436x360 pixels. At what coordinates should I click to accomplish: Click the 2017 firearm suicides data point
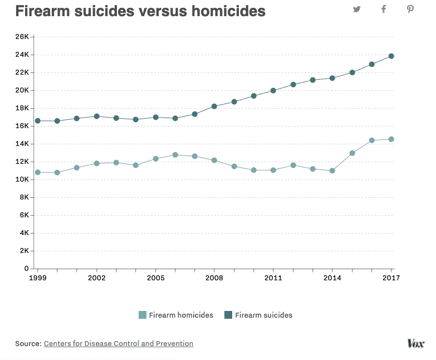coord(391,56)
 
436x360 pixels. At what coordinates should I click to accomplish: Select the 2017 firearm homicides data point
coord(391,139)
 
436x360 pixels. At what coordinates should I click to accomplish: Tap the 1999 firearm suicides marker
coord(38,121)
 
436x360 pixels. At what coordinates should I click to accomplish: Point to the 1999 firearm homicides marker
coord(38,172)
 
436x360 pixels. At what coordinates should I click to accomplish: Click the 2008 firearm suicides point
coord(214,106)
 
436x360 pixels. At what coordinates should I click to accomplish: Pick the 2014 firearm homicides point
coord(332,171)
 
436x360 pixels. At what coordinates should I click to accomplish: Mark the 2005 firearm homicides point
coord(156,159)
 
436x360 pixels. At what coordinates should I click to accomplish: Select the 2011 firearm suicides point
coord(273,90)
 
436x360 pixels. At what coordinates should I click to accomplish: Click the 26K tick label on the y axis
coord(22,37)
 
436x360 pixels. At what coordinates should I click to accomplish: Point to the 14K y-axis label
coord(22,144)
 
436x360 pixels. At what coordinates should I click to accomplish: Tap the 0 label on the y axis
coord(26,269)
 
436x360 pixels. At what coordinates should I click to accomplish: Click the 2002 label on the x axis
coord(97,278)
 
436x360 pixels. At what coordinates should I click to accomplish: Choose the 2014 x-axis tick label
coord(332,278)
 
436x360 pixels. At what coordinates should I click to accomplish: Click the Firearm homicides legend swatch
coord(143,315)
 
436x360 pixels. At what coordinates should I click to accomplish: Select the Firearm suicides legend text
coord(263,315)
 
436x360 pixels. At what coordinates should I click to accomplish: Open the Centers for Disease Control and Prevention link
coord(119,344)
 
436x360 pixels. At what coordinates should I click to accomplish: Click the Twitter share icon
coord(357,9)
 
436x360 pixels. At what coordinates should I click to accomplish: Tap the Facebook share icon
coord(384,9)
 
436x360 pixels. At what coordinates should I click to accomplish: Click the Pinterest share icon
coord(410,9)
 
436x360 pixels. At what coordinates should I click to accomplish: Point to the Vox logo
coord(416,343)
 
